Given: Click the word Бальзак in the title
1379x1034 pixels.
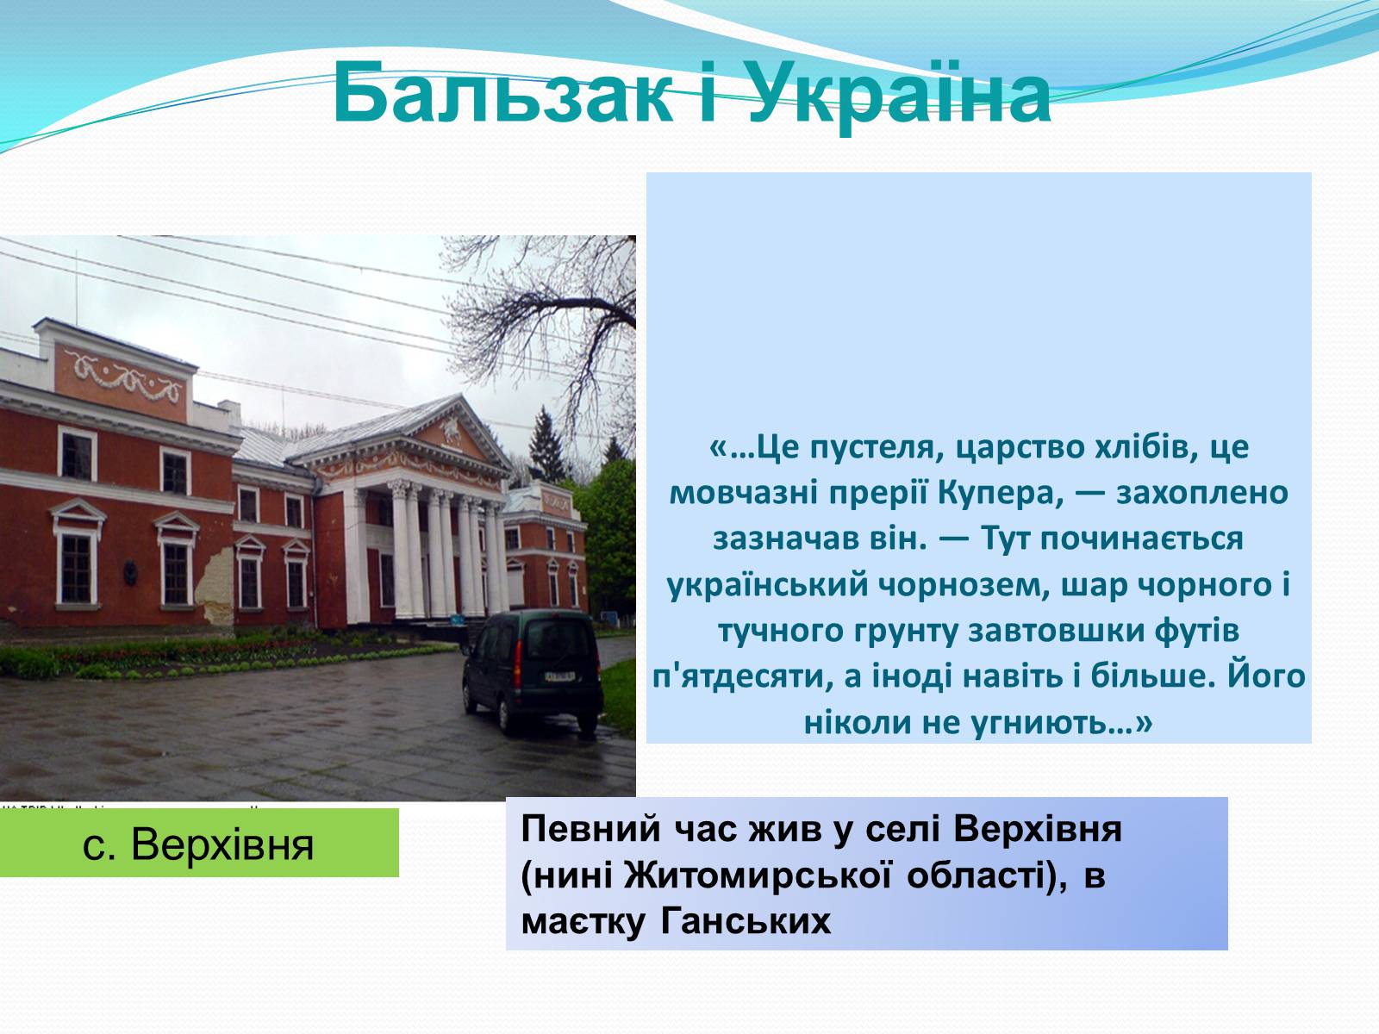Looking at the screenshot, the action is click(502, 92).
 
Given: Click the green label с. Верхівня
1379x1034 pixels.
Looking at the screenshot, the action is click(198, 844).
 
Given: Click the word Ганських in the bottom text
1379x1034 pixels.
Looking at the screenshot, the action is click(746, 922).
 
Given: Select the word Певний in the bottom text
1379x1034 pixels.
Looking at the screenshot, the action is click(590, 829).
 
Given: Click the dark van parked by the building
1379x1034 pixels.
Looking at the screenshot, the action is click(533, 670).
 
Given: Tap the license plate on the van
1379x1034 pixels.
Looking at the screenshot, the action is click(559, 676).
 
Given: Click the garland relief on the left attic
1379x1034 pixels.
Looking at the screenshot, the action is click(123, 377).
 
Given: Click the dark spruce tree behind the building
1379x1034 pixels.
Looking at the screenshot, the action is click(546, 447).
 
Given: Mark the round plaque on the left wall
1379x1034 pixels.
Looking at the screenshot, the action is click(130, 572).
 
